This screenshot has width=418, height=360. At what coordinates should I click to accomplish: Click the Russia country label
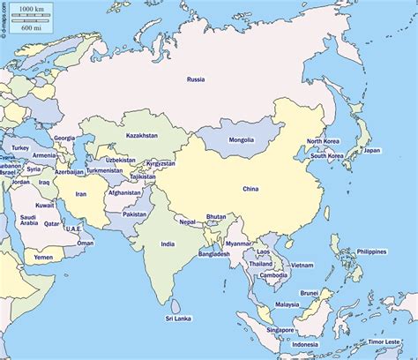pyautogui.click(x=196, y=79)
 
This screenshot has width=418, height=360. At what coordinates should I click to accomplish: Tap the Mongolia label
pyautogui.click(x=241, y=139)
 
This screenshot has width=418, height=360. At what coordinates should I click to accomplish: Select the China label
pyautogui.click(x=251, y=188)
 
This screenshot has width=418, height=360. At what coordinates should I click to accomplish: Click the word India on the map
pyautogui.click(x=168, y=244)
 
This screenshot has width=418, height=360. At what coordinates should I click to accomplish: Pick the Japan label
pyautogui.click(x=372, y=150)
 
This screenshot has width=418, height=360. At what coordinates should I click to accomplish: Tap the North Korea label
pyautogui.click(x=324, y=141)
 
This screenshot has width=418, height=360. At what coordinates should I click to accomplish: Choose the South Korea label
pyautogui.click(x=327, y=156)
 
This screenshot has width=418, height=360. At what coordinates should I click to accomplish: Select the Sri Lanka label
pyautogui.click(x=179, y=318)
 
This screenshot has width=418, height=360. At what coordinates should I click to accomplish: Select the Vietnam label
pyautogui.click(x=302, y=265)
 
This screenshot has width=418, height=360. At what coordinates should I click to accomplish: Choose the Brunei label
pyautogui.click(x=309, y=292)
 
